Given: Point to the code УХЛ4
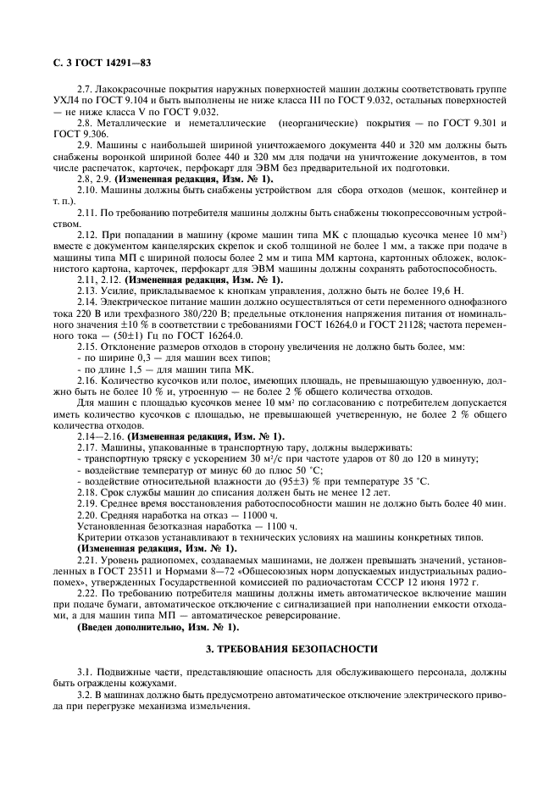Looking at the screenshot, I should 60,101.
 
